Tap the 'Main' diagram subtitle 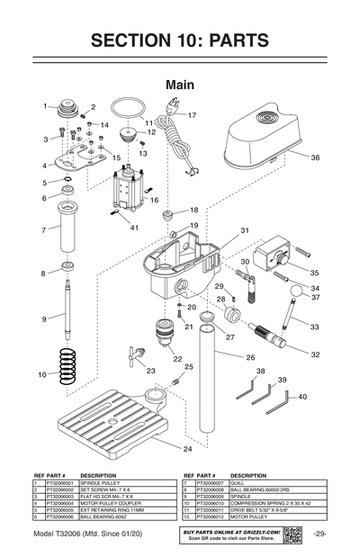point(180,84)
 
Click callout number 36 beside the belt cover point(316,157)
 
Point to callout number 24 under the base point(187,448)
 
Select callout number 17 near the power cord point(192,115)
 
